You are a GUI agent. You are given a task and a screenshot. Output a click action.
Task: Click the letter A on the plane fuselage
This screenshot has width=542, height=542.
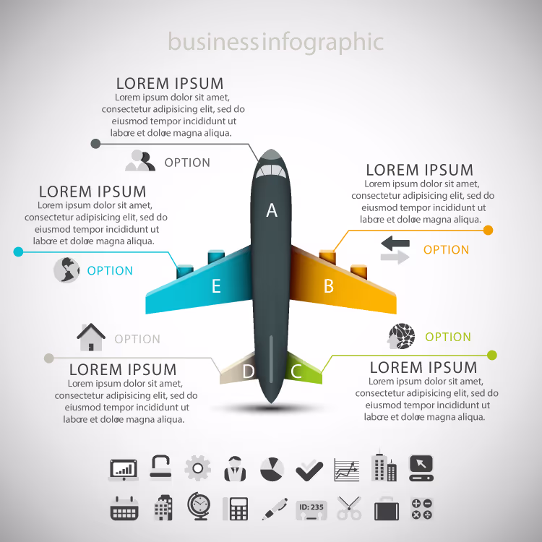(272, 210)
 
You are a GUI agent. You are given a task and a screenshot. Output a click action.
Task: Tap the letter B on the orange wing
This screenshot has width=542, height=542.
(329, 286)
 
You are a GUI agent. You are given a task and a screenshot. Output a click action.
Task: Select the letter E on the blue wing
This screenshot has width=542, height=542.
(216, 286)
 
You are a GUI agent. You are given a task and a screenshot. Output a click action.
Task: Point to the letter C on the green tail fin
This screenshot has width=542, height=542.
(296, 371)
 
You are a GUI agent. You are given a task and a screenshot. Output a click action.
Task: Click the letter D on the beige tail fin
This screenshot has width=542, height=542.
(248, 371)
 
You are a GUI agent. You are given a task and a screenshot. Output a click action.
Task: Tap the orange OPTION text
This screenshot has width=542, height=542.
(446, 249)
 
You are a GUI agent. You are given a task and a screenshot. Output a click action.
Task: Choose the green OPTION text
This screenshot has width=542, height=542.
(448, 337)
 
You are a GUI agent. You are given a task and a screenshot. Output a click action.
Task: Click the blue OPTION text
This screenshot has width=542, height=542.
(110, 271)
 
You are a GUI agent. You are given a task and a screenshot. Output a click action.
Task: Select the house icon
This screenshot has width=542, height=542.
(91, 337)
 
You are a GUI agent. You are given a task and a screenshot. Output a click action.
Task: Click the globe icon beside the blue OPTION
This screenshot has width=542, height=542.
(66, 270)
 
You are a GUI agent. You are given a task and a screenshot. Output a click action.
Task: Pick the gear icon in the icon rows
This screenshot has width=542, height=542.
(198, 468)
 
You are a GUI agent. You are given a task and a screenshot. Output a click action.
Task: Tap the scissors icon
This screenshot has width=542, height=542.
(349, 508)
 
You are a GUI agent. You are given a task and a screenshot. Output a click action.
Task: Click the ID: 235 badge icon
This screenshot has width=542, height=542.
(311, 510)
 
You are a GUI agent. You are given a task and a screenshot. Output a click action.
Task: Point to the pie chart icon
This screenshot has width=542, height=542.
(272, 469)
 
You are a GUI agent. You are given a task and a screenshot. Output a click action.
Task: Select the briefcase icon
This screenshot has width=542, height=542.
(387, 509)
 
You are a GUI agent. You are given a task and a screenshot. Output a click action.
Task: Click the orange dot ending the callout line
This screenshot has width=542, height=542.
(488, 231)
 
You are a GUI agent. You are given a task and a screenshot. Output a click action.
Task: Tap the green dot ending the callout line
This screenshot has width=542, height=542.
(492, 355)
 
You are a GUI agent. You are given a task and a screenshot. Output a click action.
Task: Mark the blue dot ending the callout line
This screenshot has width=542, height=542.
(18, 251)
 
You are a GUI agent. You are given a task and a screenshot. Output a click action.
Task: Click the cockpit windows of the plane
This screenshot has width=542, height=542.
(271, 171)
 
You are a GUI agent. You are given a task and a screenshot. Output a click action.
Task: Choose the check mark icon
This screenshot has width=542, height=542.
(309, 470)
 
